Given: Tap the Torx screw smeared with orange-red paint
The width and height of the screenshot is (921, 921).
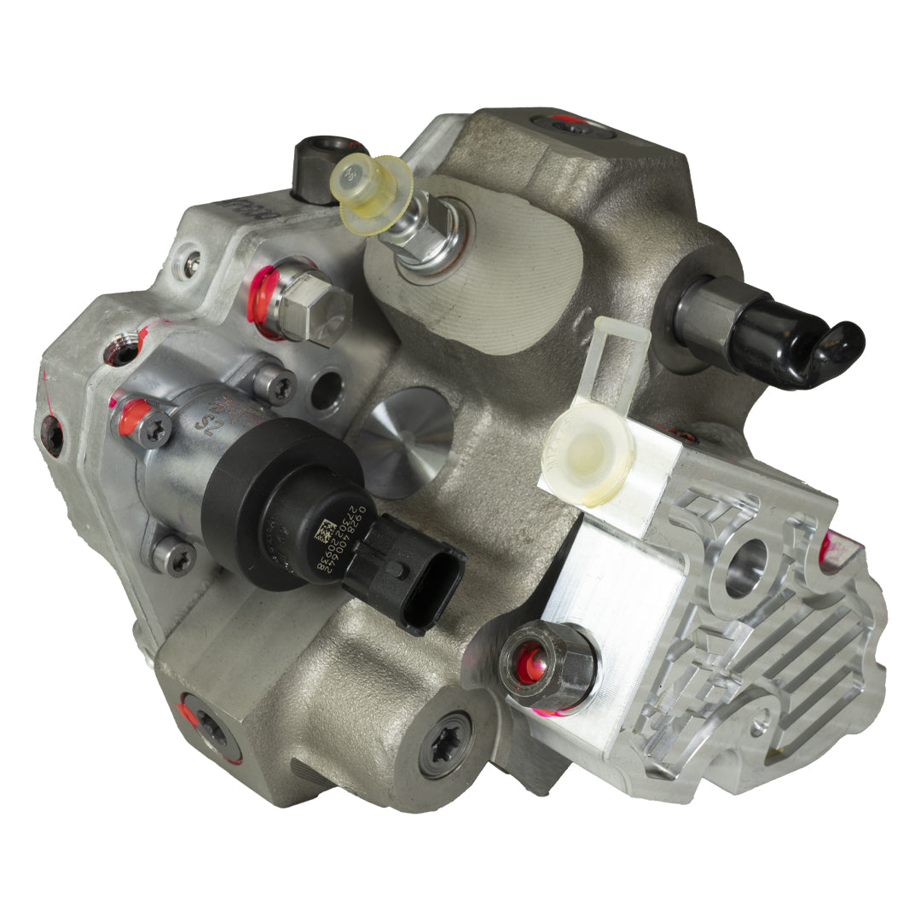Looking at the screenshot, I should (x=150, y=426).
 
